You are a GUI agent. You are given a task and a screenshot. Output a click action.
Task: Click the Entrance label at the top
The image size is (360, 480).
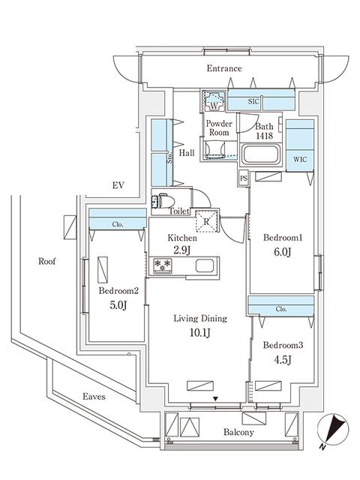click(x=224, y=69)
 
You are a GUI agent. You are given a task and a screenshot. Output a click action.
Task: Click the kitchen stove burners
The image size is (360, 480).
click(x=164, y=265)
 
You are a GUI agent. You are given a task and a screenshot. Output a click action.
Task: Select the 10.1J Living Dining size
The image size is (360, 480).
click(x=198, y=331)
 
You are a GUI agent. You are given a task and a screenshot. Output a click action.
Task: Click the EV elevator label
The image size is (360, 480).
click(x=117, y=184)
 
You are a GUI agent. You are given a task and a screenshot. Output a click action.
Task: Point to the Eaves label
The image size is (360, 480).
click(x=94, y=396)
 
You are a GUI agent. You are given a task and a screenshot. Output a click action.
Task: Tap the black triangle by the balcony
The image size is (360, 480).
click(x=217, y=399)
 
